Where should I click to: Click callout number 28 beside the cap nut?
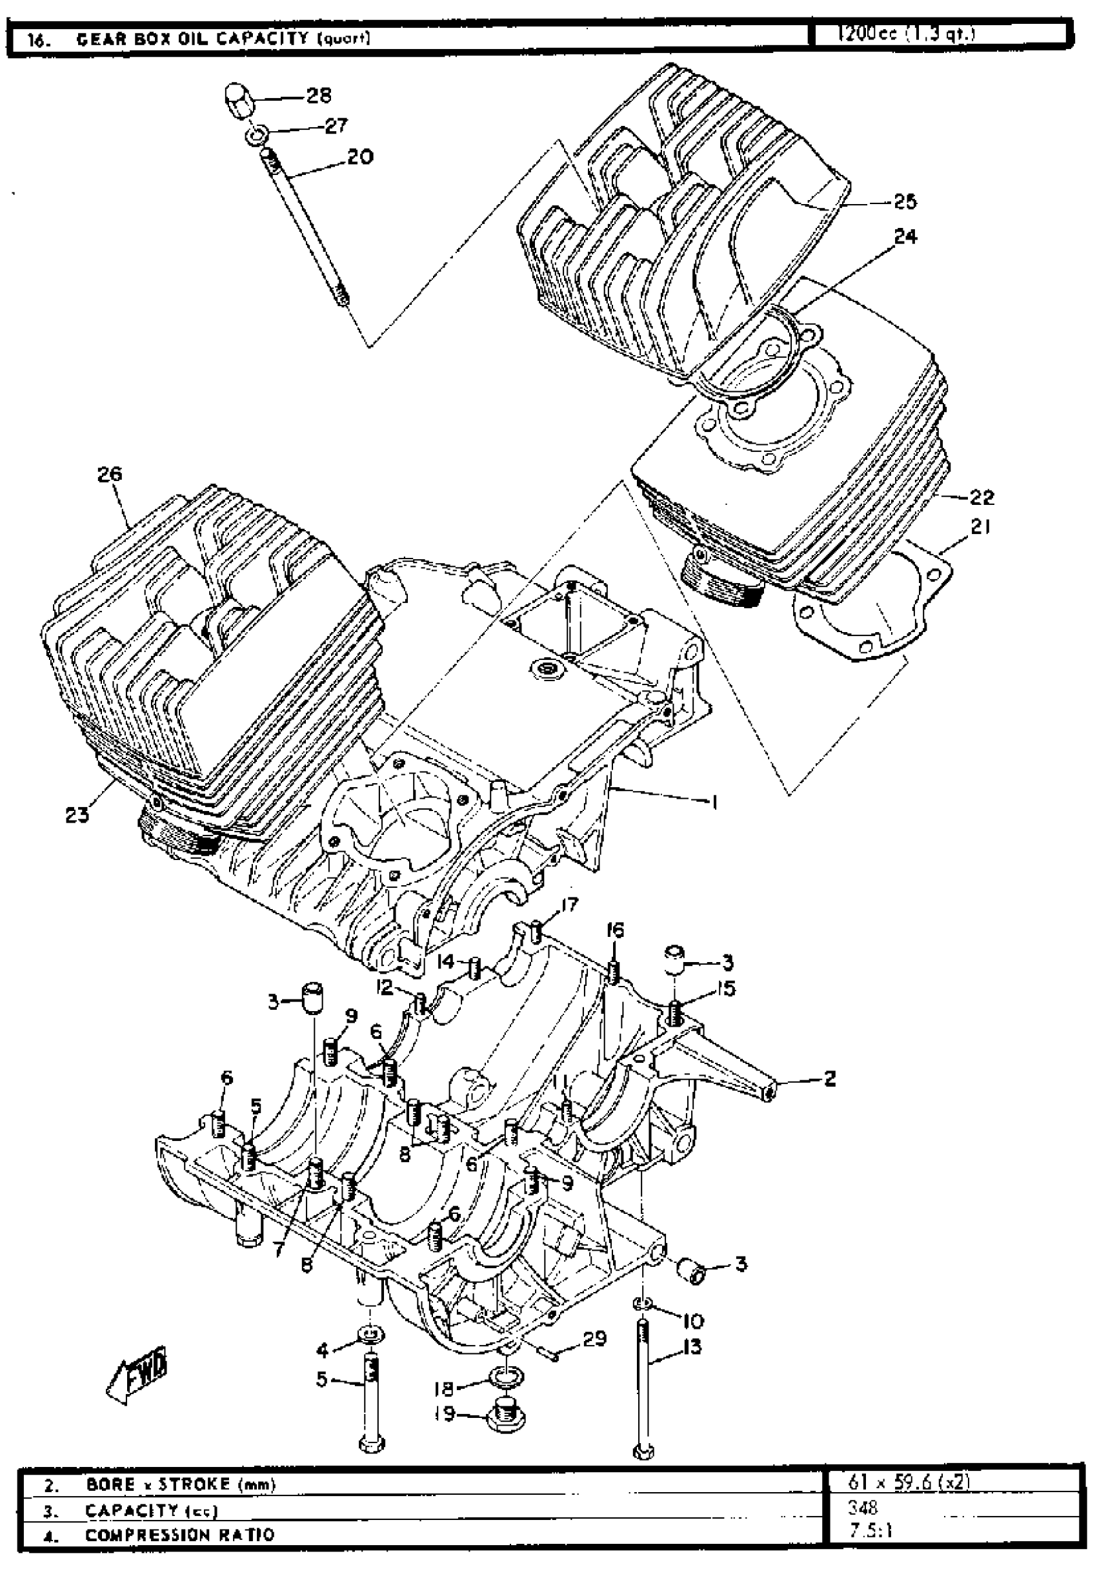click(319, 95)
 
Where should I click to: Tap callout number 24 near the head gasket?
click(905, 236)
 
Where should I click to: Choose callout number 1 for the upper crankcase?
click(714, 803)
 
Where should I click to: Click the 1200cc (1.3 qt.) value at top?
click(906, 34)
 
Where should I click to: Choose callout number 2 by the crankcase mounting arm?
click(830, 1078)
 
